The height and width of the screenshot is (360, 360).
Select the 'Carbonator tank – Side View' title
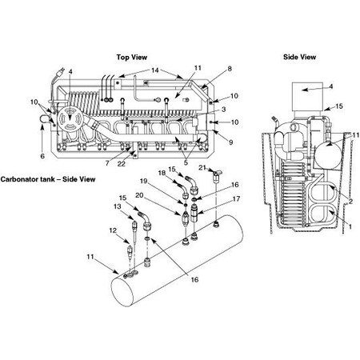48,179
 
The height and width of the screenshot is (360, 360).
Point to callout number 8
206,70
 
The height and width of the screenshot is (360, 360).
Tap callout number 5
186,163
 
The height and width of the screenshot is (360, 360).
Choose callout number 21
203,169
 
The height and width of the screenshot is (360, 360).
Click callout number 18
161,172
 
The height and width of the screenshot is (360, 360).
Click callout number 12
113,231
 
